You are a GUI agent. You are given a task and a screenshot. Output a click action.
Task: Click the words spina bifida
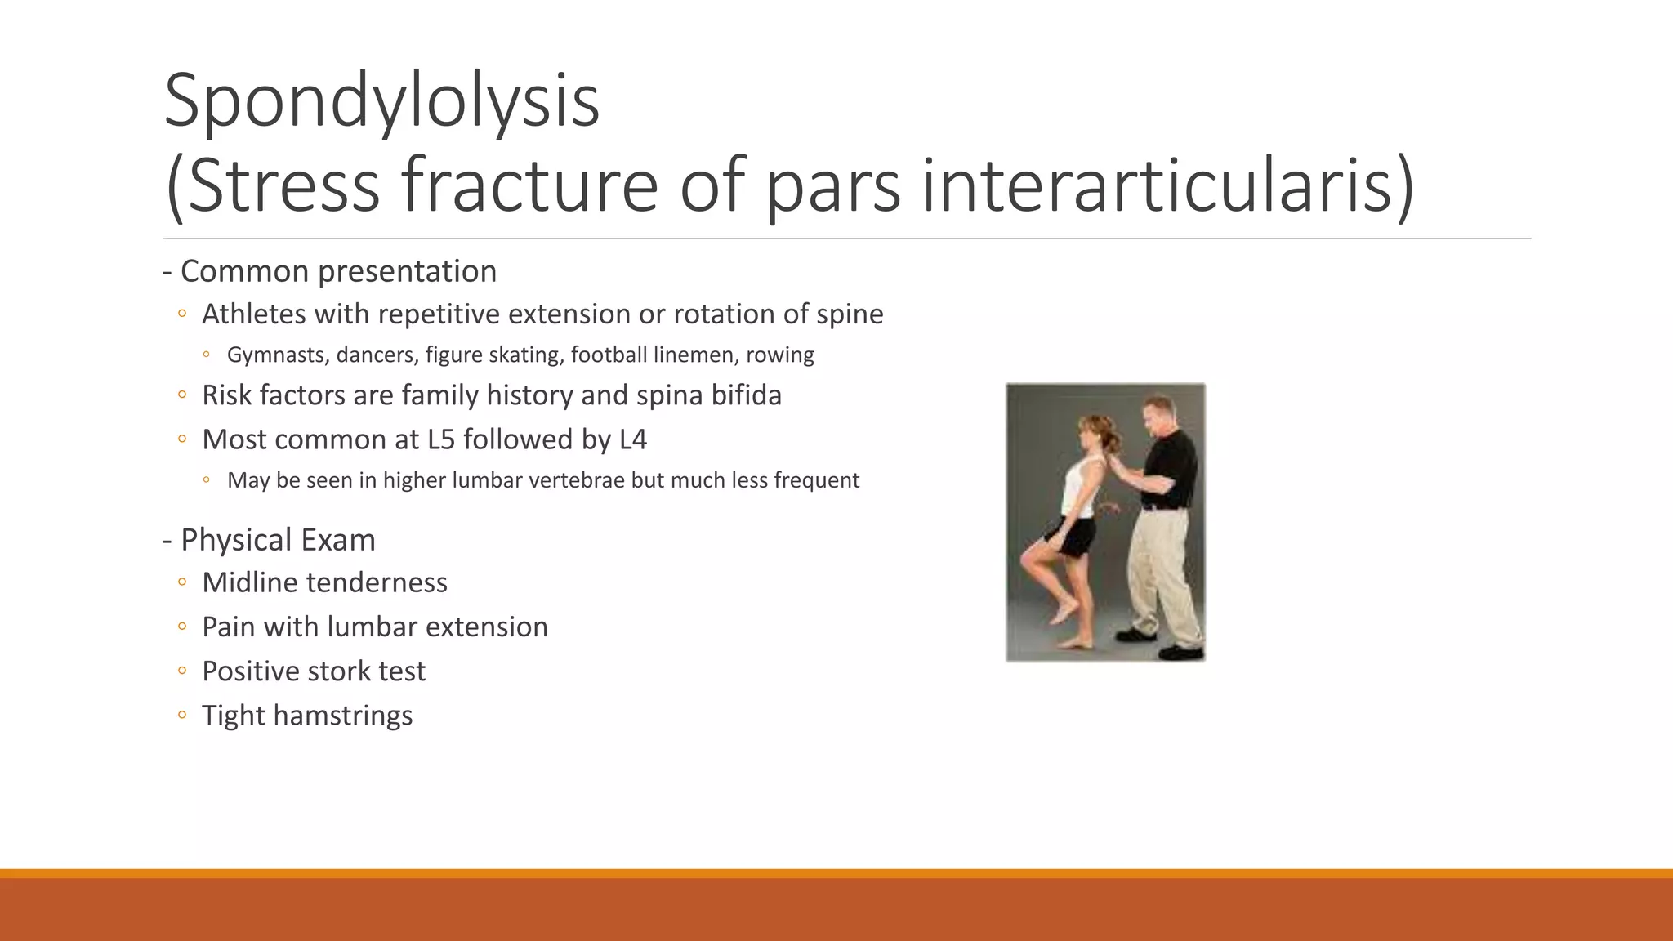[708, 395]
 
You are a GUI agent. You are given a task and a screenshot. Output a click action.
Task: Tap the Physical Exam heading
[277, 540]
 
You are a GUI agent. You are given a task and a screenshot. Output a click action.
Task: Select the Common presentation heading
[337, 271]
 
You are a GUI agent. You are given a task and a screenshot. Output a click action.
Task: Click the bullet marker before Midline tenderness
[182, 582]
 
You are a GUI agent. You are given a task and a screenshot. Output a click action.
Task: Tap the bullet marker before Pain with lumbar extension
[182, 627]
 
